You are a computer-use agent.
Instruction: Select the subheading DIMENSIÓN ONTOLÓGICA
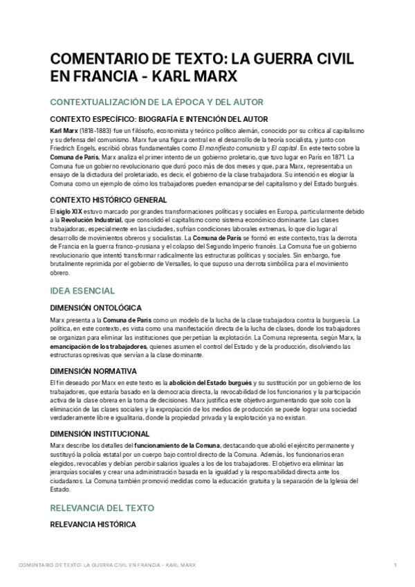97,307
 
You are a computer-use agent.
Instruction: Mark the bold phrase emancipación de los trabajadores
98,345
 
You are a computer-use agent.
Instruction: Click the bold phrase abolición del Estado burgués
206,383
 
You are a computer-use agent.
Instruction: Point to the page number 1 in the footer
395,566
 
